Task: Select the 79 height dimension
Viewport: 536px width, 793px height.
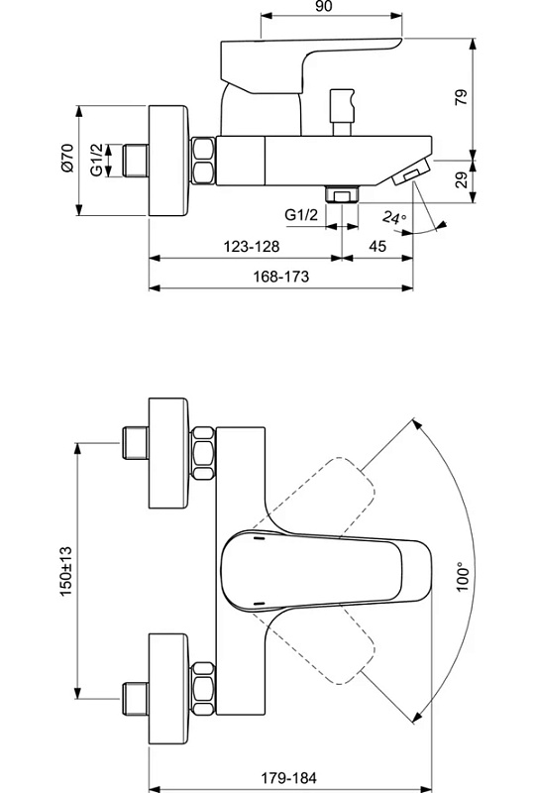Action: point(462,96)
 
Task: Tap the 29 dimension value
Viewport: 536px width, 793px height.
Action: point(462,180)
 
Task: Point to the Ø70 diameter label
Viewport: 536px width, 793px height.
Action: point(67,159)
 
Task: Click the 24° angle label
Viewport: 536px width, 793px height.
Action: point(394,218)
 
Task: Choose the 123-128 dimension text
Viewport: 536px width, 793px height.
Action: point(252,246)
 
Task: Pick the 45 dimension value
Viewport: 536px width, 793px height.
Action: point(377,246)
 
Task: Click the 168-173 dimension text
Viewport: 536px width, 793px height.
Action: point(280,277)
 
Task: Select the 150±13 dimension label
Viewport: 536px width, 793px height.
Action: point(66,571)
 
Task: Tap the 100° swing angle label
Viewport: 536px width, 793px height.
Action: point(462,577)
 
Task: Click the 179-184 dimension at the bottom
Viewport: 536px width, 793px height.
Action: point(288,777)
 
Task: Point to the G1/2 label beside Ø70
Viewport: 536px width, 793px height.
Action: point(96,160)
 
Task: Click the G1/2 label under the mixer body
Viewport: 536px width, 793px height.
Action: point(301,214)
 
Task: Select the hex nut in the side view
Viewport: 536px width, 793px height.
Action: point(203,161)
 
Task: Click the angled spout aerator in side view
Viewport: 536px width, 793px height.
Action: point(410,172)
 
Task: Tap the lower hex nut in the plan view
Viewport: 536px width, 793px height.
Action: point(203,688)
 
